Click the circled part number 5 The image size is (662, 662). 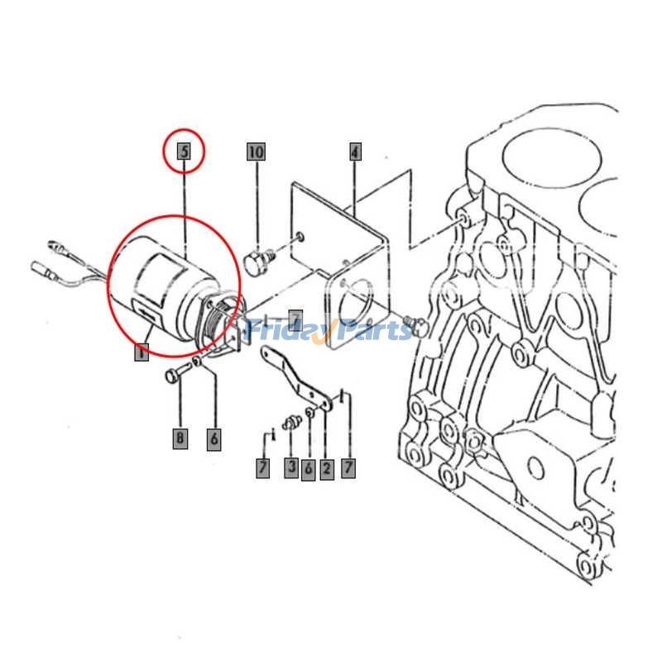click(184, 151)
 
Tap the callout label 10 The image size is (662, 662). click(256, 151)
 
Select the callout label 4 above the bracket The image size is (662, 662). click(354, 151)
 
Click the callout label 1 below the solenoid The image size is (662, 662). click(142, 353)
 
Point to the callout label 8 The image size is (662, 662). click(180, 438)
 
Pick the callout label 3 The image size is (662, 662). click(291, 468)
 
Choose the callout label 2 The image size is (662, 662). click(326, 469)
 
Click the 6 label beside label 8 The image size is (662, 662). click(214, 439)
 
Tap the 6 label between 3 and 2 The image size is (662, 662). click(309, 470)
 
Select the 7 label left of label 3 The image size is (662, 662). click(262, 468)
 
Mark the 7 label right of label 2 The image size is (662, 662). click(348, 468)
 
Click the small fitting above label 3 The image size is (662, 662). click(290, 423)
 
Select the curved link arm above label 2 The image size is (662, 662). click(294, 377)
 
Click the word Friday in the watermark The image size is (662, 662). click(286, 331)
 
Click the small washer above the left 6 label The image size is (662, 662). click(196, 364)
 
